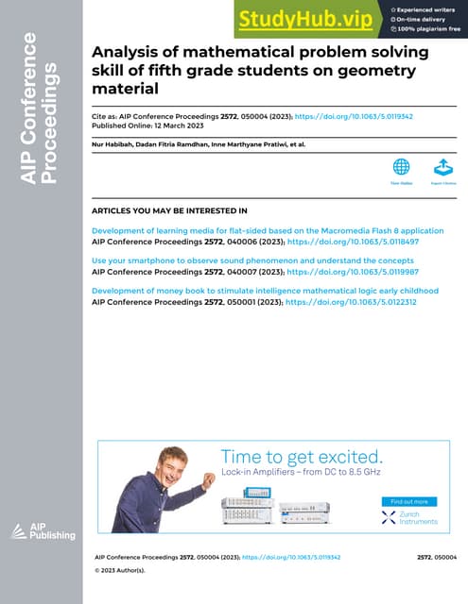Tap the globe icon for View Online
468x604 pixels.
pyautogui.click(x=401, y=166)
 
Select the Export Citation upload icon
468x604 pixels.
pyautogui.click(x=442, y=166)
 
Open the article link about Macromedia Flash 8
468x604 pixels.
pyautogui.click(x=268, y=231)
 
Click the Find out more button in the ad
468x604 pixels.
pyautogui.click(x=409, y=501)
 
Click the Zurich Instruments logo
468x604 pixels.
pyautogui.click(x=409, y=517)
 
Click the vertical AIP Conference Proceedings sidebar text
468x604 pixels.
pyautogui.click(x=43, y=109)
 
